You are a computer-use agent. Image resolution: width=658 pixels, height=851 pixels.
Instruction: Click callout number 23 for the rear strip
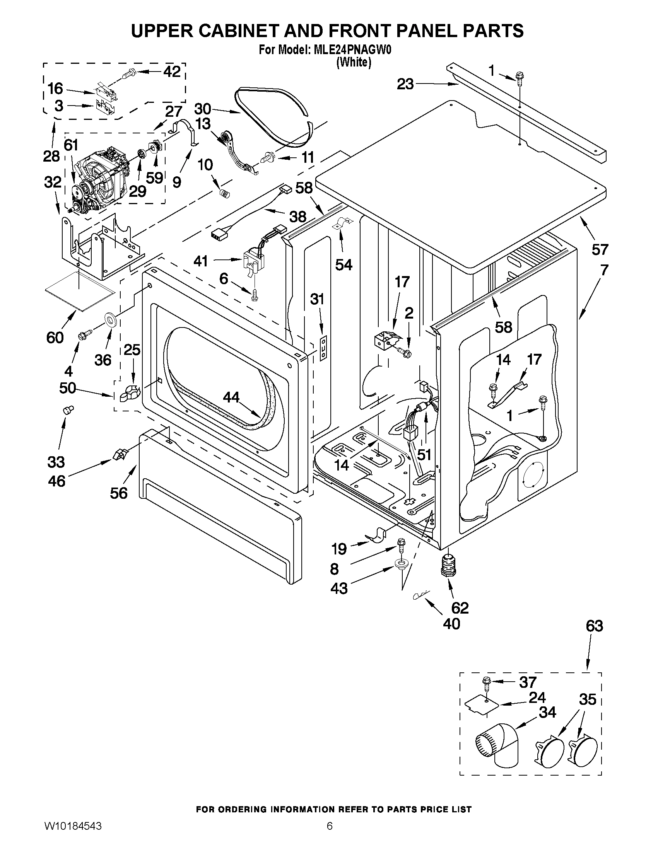tap(405, 84)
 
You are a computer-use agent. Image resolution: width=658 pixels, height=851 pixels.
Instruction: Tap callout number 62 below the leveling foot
tap(460, 607)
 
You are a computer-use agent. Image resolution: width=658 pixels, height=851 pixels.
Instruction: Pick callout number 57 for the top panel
tap(600, 249)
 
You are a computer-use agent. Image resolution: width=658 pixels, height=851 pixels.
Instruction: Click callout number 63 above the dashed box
tap(594, 626)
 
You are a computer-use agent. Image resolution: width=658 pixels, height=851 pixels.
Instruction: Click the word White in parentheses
tap(353, 62)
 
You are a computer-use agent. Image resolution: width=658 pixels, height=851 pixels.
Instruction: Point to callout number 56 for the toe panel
tap(118, 493)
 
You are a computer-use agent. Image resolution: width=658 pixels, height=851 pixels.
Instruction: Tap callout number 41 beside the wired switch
tap(200, 261)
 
